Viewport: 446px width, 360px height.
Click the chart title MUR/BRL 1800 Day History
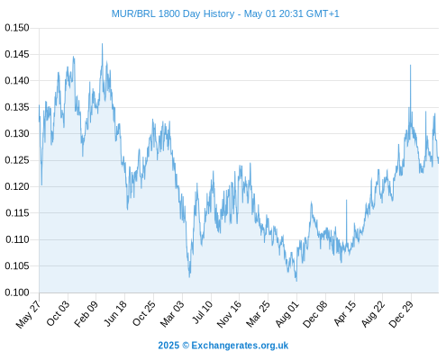pyautogui.click(x=173, y=13)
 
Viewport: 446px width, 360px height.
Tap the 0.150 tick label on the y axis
pyautogui.click(x=17, y=28)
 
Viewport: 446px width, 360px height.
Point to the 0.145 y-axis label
pyautogui.click(x=17, y=54)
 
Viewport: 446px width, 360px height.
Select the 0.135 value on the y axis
pyautogui.click(x=17, y=107)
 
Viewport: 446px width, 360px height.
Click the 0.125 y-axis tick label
pyautogui.click(x=17, y=160)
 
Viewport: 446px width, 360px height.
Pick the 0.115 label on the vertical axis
pyautogui.click(x=17, y=213)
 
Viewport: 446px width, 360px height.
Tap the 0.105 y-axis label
pyautogui.click(x=17, y=265)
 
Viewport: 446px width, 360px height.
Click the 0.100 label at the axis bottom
pyautogui.click(x=17, y=292)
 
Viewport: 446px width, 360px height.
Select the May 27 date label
pyautogui.click(x=29, y=314)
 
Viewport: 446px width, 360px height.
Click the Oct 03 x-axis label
pyautogui.click(x=58, y=313)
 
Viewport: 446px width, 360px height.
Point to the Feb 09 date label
pyautogui.click(x=86, y=313)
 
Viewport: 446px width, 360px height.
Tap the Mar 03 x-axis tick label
pyautogui.click(x=172, y=313)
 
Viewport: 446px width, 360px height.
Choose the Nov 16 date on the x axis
pyautogui.click(x=229, y=314)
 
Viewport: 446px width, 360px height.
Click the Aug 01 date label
pyautogui.click(x=287, y=313)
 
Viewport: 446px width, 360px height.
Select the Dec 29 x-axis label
pyautogui.click(x=401, y=313)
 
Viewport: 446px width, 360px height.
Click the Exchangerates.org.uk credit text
pyautogui.click(x=240, y=346)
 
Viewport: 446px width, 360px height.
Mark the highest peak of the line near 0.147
pyautogui.click(x=102, y=44)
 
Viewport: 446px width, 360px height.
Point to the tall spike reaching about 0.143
pyautogui.click(x=410, y=65)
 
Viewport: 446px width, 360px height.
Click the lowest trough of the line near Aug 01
pyautogui.click(x=296, y=281)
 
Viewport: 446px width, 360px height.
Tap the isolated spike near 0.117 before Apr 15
pyautogui.click(x=346, y=201)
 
